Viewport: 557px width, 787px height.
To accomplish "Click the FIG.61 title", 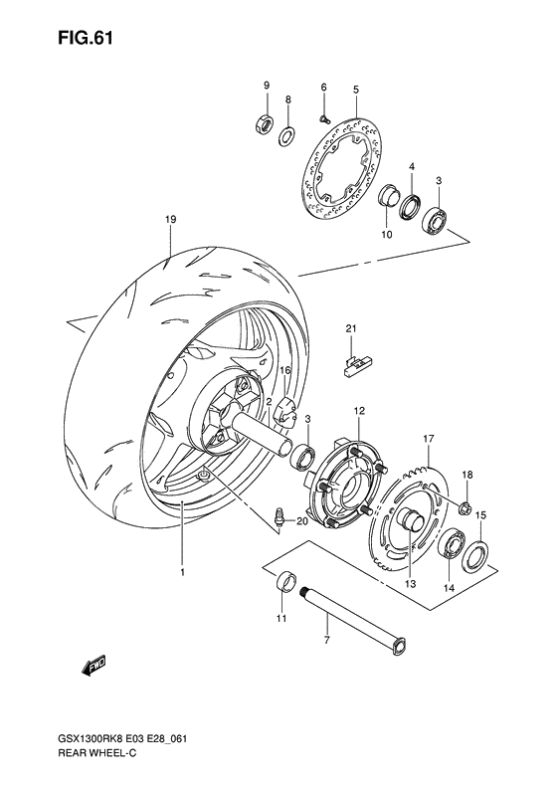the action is click(x=86, y=38).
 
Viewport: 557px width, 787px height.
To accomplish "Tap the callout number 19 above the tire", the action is click(x=171, y=219).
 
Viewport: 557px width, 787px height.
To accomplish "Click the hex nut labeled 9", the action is click(x=264, y=123).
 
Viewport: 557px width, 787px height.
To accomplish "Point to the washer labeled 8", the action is click(x=287, y=135).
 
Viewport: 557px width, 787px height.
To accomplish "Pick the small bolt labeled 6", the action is click(x=324, y=119).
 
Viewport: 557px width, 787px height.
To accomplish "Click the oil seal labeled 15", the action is click(x=474, y=555).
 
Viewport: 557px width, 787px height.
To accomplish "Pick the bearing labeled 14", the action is click(x=453, y=543).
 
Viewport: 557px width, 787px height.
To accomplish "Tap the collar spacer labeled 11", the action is click(x=286, y=582).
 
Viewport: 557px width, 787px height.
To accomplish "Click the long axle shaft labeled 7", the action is click(x=354, y=621).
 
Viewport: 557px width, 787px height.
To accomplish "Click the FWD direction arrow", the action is click(x=93, y=665).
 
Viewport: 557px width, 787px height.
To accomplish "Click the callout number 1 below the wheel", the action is click(x=183, y=572).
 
